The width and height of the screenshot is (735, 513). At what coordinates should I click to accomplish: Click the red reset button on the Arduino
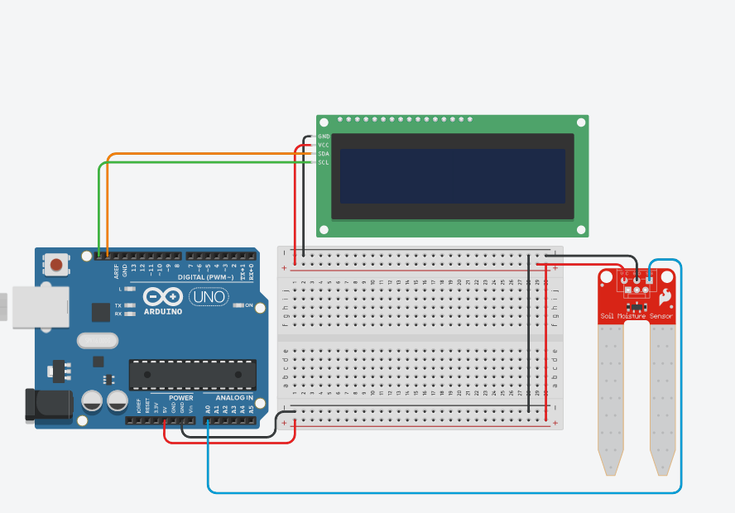[x=56, y=266]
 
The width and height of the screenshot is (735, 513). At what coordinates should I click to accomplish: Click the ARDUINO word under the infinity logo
[x=163, y=311]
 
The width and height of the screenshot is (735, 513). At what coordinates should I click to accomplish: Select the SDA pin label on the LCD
[x=324, y=154]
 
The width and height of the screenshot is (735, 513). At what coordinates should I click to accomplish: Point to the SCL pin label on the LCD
[x=324, y=162]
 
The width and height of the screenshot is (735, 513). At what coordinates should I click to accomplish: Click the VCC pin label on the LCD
[x=324, y=145]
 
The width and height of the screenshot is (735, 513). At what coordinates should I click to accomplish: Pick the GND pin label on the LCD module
[x=324, y=137]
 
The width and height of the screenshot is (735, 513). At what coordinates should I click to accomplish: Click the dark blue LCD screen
[x=452, y=175]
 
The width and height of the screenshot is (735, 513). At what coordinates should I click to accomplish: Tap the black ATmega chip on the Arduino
[x=192, y=375]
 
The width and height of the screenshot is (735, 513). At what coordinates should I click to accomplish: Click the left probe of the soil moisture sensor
[x=611, y=397]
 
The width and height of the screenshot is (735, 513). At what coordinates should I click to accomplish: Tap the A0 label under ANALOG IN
[x=208, y=409]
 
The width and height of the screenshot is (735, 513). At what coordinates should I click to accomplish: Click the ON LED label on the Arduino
[x=249, y=305]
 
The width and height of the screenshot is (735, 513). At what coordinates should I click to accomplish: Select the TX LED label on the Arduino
[x=118, y=305]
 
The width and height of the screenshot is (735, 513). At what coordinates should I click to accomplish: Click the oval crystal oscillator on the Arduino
[x=98, y=340]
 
